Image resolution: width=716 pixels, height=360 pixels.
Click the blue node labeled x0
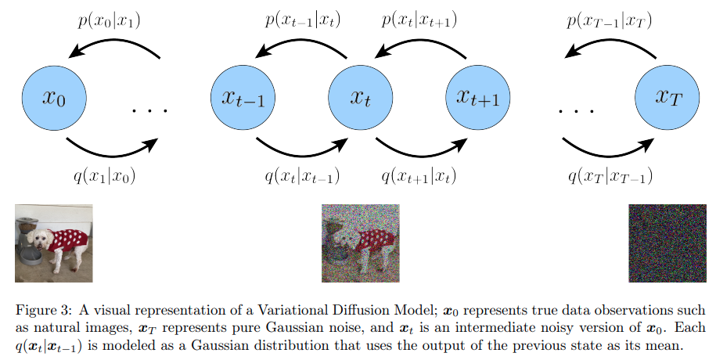click(53, 98)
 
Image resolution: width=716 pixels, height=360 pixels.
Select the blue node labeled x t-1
click(243, 98)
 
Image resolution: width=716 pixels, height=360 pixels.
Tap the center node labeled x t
click(360, 98)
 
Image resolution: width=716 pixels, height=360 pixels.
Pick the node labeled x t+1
click(477, 98)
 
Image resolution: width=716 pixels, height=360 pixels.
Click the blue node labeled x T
click(667, 98)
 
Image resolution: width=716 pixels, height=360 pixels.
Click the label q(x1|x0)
click(104, 176)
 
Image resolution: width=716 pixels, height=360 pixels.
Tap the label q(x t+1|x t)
click(419, 176)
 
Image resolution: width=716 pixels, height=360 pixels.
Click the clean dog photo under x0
click(53, 243)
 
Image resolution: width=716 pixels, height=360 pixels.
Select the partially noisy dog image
click(360, 243)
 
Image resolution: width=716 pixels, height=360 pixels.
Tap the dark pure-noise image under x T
click(667, 243)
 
